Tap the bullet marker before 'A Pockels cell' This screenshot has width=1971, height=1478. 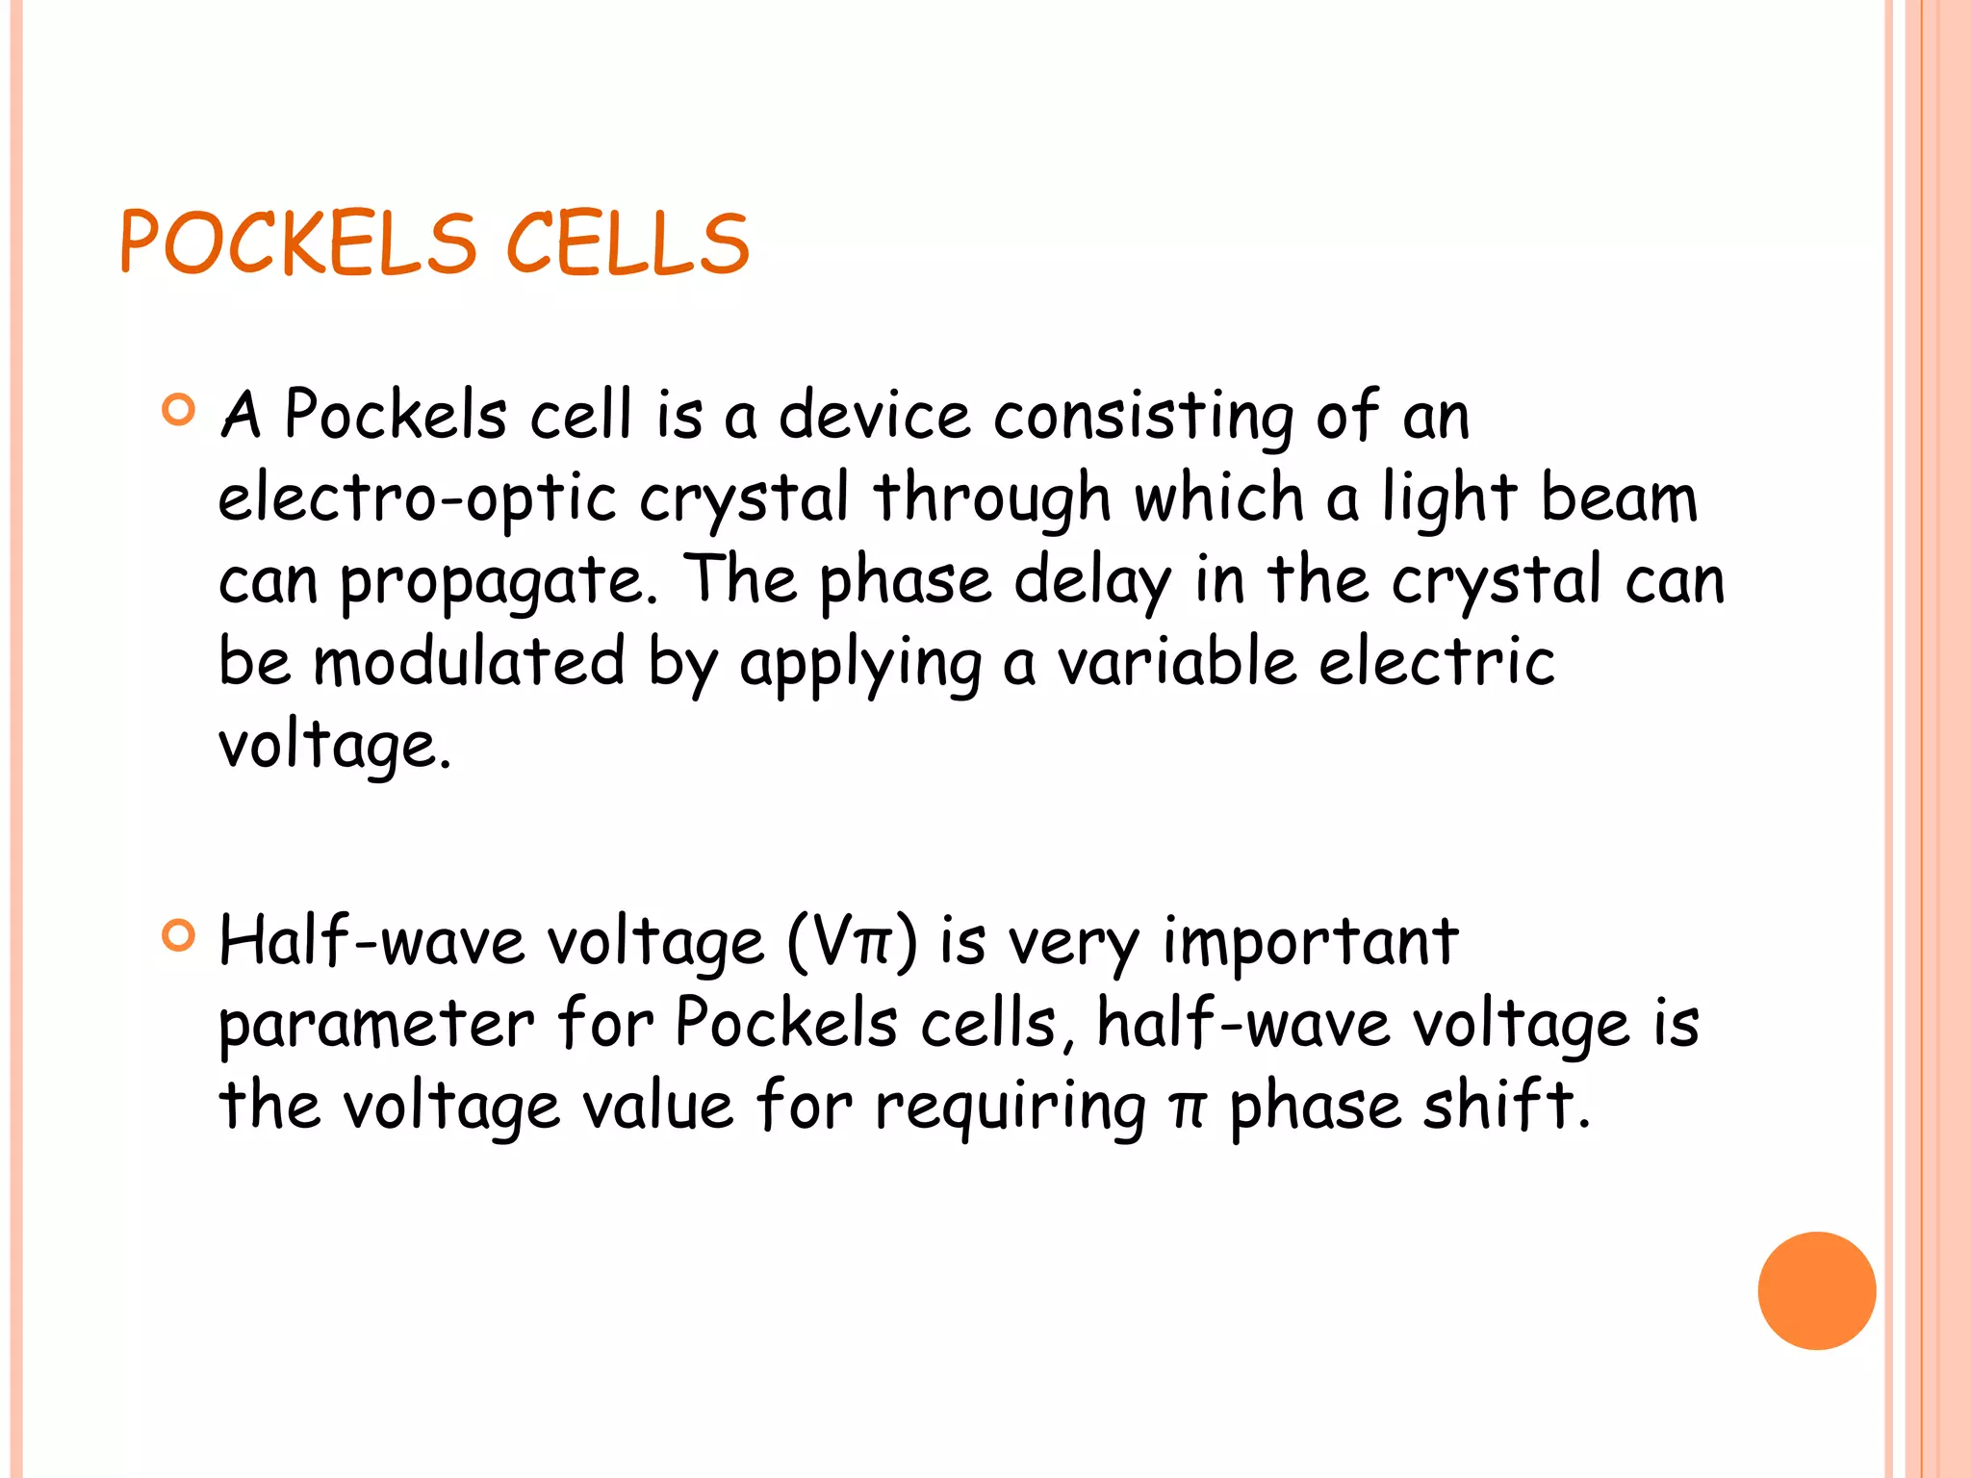[179, 410]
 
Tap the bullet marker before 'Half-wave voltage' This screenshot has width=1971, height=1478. [179, 935]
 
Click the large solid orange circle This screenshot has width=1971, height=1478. [1816, 1290]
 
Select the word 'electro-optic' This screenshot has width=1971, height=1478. [417, 499]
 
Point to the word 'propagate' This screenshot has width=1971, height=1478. [498, 583]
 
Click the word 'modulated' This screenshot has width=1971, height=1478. [470, 663]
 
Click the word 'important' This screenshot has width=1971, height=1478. [1311, 941]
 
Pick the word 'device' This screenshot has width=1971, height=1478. [874, 416]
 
